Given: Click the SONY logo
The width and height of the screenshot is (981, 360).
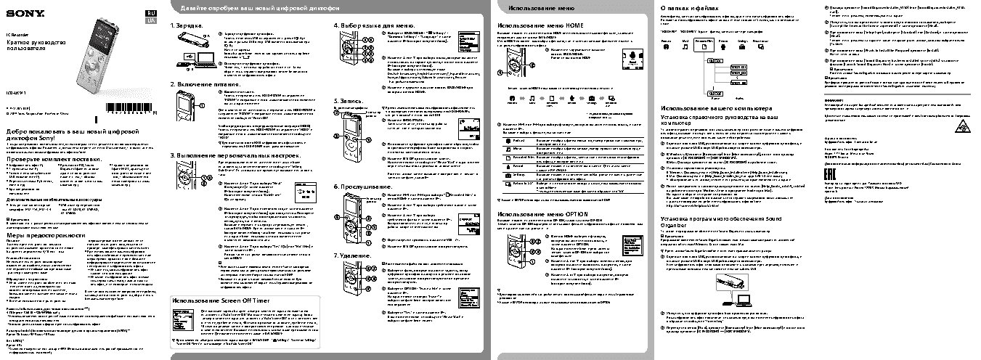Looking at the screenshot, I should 18,12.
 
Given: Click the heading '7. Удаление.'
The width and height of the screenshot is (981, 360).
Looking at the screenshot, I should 353,256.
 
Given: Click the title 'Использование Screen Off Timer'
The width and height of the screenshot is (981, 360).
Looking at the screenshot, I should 221,300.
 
